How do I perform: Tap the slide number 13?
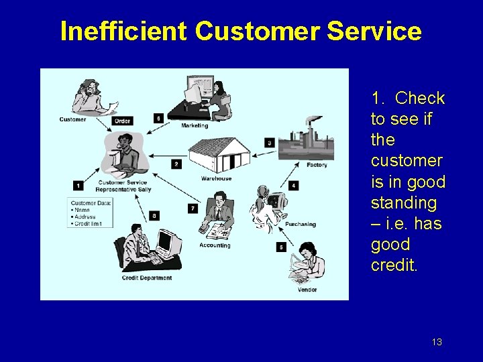[x=437, y=343]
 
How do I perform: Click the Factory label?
[x=317, y=165]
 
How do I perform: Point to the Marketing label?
[x=195, y=125]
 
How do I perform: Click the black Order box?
[x=122, y=121]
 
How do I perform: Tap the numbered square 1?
[x=78, y=185]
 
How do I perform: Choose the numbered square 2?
[x=176, y=164]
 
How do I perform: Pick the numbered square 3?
[x=269, y=142]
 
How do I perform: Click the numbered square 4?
[x=293, y=185]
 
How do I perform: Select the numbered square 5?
[x=280, y=247]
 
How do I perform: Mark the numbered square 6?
[x=158, y=118]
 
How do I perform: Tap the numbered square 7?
[x=193, y=208]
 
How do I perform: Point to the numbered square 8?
[x=154, y=215]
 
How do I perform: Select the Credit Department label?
[x=147, y=278]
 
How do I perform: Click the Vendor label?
[x=308, y=290]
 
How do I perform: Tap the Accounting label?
[x=215, y=245]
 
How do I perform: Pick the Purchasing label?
[x=300, y=225]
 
